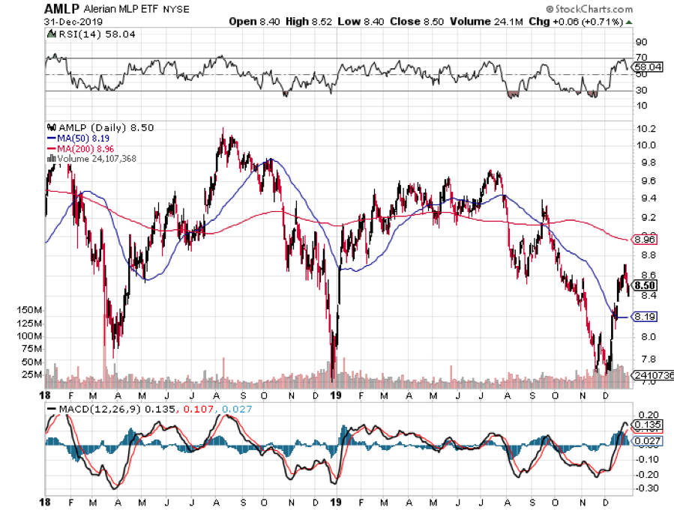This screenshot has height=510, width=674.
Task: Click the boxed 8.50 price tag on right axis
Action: pos(645,285)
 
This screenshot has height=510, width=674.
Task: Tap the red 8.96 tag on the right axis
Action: pos(645,240)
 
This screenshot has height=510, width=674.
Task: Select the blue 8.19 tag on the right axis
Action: pos(645,316)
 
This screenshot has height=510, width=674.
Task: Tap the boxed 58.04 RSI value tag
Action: pos(646,67)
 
